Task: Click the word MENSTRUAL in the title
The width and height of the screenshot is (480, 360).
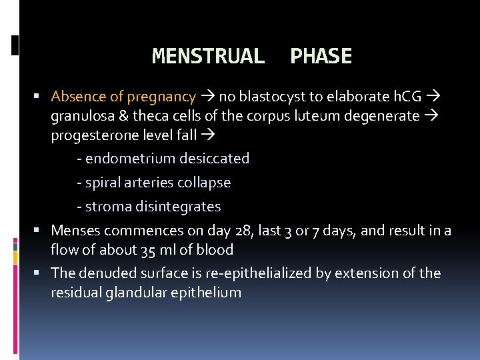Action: click(x=208, y=57)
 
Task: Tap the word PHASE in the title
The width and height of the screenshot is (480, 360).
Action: click(x=321, y=57)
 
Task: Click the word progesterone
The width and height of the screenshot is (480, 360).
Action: click(x=89, y=136)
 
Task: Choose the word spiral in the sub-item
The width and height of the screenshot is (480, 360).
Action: click(x=102, y=183)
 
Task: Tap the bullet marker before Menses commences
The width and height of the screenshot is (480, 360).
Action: click(x=42, y=231)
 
